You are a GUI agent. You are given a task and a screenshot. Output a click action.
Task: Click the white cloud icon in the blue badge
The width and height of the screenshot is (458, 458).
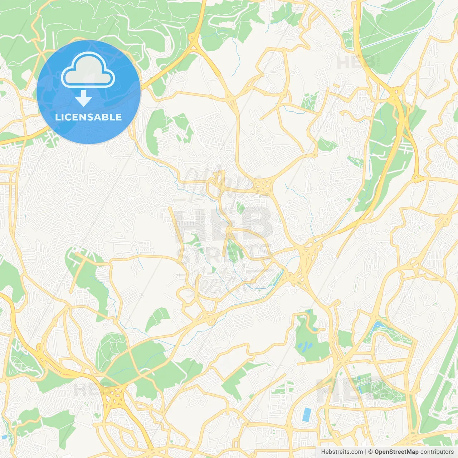[x=88, y=70]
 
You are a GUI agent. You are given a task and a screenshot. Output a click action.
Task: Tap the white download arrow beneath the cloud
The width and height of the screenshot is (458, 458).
[x=83, y=98]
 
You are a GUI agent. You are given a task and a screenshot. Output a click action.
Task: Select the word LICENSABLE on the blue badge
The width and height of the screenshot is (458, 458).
[x=88, y=117]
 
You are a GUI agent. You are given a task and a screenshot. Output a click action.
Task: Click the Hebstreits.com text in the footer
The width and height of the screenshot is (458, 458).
[x=342, y=452]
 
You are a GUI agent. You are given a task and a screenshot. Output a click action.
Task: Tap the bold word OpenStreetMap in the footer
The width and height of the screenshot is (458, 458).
[x=396, y=452]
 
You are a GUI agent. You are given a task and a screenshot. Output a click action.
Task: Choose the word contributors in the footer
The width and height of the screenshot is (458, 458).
[x=437, y=452]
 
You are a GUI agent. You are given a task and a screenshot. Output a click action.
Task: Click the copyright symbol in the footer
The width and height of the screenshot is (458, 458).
[x=371, y=452]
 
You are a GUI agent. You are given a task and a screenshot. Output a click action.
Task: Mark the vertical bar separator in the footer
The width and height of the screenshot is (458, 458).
[x=366, y=452]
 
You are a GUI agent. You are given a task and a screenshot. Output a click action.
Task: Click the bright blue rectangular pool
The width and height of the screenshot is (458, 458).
[x=307, y=414]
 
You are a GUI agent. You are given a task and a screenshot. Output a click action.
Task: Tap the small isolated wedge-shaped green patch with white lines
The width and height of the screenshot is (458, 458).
[x=157, y=318]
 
